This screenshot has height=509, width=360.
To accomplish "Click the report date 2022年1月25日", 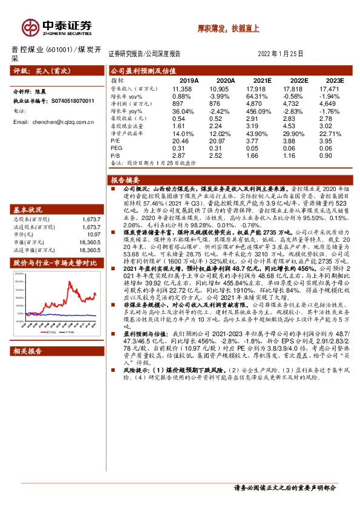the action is click(280, 53).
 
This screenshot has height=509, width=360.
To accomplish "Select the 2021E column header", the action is click(263, 80).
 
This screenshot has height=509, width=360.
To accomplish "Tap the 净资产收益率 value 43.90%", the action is click(263, 133).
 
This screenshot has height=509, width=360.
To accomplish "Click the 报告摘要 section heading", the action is click(126, 181).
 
